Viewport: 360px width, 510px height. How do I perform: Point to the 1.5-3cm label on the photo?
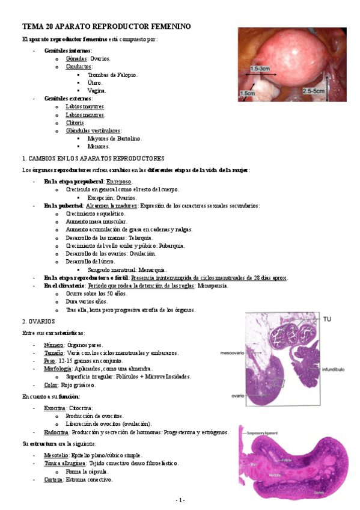pos(263,70)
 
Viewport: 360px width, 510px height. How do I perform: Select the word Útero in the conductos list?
pos(94,82)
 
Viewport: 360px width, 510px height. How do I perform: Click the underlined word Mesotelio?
pos(56,455)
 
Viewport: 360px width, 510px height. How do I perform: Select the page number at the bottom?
pos(180,500)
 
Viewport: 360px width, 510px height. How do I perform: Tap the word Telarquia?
pos(145,238)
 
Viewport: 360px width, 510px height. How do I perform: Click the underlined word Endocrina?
pos(56,432)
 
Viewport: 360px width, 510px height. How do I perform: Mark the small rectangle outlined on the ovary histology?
pos(277,382)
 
